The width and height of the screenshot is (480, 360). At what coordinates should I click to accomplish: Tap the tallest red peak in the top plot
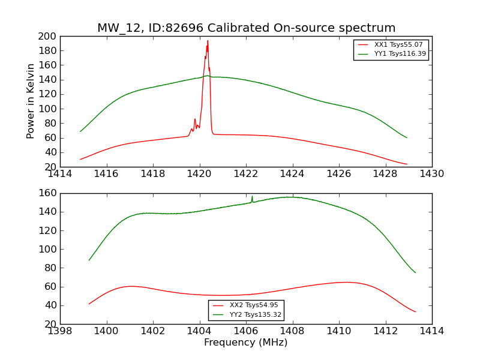pos(208,41)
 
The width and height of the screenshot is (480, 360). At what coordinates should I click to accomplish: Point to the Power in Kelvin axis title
pos(31,101)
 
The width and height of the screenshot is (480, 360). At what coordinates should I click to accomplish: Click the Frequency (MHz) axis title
pos(246,343)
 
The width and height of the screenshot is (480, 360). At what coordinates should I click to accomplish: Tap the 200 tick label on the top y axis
pos(49,36)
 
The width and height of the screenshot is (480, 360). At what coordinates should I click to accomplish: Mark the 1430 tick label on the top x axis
pos(431,174)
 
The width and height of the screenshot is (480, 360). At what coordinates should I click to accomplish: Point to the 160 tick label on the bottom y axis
pos(49,193)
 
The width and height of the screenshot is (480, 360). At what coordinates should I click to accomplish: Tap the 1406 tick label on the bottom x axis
pos(246,331)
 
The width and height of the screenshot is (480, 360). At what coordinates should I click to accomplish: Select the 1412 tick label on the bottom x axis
pos(385,331)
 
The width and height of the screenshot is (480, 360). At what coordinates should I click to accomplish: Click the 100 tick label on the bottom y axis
pos(49,249)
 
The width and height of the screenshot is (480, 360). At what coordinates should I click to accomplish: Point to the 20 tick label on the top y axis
pos(51,167)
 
